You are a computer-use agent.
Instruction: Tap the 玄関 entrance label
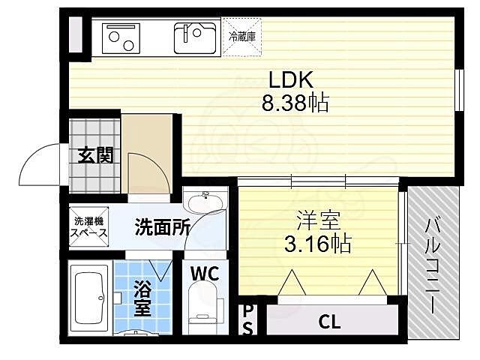[95, 155]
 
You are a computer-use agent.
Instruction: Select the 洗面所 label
[163, 227]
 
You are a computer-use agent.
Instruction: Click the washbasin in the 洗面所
[203, 203]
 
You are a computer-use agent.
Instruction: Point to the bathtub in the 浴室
[89, 297]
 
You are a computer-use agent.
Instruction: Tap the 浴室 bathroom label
[142, 298]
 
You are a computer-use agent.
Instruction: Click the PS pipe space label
[247, 319]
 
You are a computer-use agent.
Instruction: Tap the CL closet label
[329, 323]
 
